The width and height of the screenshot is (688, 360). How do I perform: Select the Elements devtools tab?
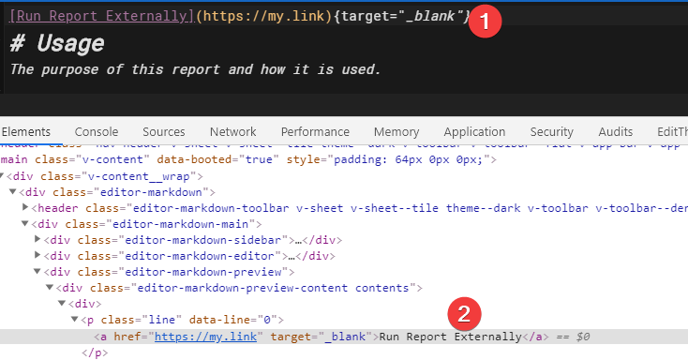(26, 132)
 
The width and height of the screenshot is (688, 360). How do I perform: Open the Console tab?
(97, 132)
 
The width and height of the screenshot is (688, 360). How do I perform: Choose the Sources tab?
(164, 132)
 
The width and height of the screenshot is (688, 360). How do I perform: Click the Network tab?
(232, 132)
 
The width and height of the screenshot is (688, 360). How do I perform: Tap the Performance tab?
(315, 132)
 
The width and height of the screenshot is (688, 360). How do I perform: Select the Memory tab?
(396, 132)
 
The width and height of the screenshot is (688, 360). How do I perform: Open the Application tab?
(474, 132)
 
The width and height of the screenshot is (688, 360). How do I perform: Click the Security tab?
(551, 132)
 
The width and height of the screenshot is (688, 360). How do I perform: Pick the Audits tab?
(615, 132)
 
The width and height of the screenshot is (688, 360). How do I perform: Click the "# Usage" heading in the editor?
(57, 45)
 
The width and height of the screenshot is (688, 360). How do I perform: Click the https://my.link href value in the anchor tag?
(206, 337)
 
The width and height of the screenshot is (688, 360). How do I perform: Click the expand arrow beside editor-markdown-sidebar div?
(37, 240)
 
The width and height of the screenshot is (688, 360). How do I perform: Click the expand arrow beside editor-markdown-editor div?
(37, 256)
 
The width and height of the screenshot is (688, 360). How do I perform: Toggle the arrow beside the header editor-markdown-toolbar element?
(25, 208)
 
